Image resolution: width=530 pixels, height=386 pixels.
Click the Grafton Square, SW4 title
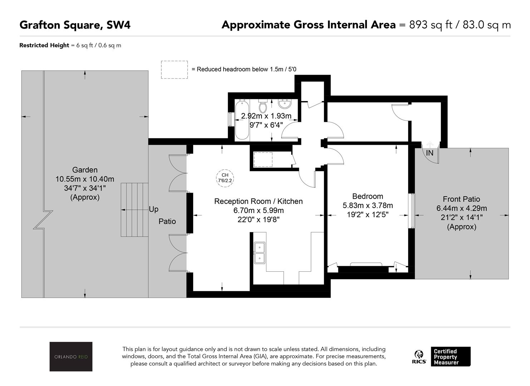pos(75,25)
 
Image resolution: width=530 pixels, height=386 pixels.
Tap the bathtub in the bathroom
pos(242,120)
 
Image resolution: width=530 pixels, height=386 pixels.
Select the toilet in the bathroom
pos(262,106)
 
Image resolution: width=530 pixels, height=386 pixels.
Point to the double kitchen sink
pos(260,253)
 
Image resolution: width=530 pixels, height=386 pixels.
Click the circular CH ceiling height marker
pos(225,178)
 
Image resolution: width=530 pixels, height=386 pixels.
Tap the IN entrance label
pos(430,153)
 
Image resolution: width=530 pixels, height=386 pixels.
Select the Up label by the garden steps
pos(153,209)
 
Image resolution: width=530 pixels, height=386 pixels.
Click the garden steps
pos(134,210)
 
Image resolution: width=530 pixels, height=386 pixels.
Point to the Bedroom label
pos(367,196)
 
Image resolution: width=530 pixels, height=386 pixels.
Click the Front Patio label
pos(461,199)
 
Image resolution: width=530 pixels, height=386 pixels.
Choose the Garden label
pos(85,170)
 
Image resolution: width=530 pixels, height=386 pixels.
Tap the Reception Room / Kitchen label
pos(258,201)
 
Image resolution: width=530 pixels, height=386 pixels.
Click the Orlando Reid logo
pos(71,356)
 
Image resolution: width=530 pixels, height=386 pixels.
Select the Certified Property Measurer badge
pos(451,357)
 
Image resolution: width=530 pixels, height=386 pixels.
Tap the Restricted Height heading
pos(44,45)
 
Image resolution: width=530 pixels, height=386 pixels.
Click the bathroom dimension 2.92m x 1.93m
pos(266,116)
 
